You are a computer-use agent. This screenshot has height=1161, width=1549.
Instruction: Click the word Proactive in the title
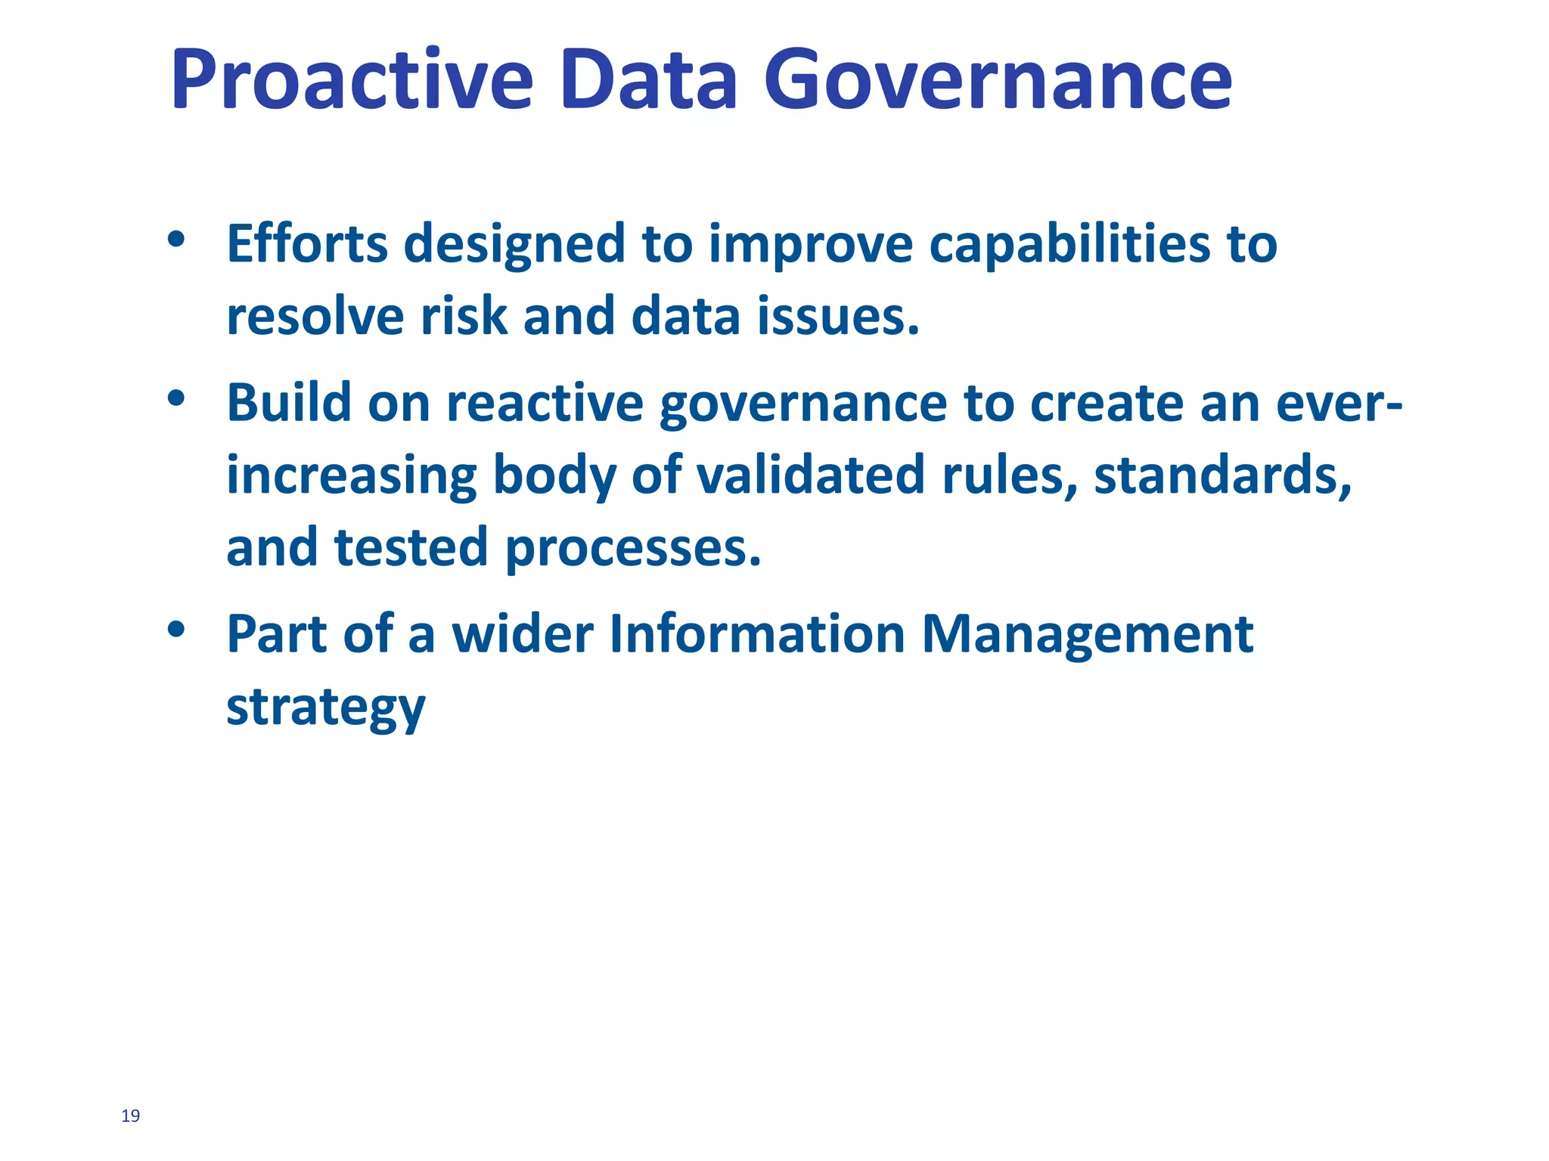coord(352,79)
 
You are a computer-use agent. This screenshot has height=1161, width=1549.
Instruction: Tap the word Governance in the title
coord(998,79)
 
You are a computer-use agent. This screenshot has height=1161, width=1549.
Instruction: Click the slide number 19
coord(130,1116)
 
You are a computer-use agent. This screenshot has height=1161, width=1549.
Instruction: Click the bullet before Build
coord(176,398)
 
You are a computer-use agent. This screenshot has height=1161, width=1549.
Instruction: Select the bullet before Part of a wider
coord(176,630)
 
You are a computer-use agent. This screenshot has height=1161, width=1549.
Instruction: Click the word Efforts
coord(307,243)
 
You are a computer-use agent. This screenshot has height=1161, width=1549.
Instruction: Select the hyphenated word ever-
coord(1339,403)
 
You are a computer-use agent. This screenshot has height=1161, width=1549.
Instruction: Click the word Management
coord(1087,635)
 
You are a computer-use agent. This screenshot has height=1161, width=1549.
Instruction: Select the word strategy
coord(326,708)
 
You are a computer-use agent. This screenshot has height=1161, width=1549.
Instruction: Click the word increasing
coord(352,476)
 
